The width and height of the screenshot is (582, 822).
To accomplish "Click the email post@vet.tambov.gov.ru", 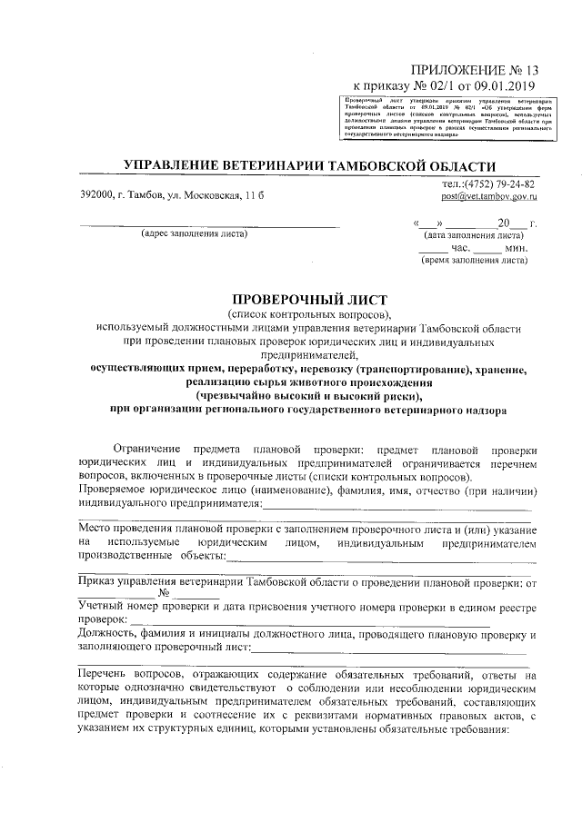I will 487,197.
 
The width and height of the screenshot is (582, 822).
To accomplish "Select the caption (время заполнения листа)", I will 473,261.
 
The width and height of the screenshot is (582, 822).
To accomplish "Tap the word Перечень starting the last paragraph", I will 107,677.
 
